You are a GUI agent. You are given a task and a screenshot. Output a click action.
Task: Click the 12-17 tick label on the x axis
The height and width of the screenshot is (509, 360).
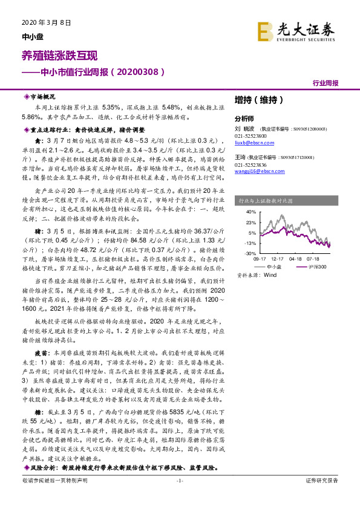tap(278, 259)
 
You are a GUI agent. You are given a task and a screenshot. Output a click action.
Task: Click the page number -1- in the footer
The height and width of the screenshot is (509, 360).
tap(179, 497)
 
